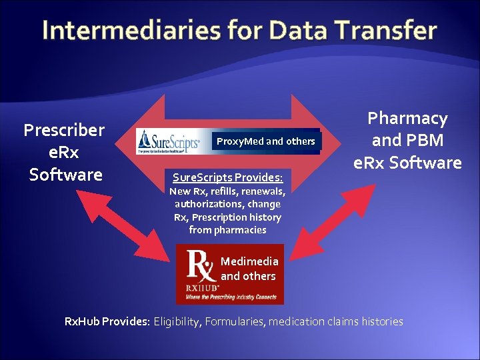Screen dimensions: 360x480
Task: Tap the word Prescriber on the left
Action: pyautogui.click(x=64, y=130)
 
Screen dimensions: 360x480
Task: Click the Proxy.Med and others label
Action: pyautogui.click(x=265, y=141)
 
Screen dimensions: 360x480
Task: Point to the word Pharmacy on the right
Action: pyautogui.click(x=407, y=119)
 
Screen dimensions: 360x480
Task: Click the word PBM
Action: pyautogui.click(x=426, y=141)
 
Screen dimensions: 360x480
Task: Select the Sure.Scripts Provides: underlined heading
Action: pyautogui.click(x=227, y=178)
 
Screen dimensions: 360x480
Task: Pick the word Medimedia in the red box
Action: pyautogui.click(x=249, y=261)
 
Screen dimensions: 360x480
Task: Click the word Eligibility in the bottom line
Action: pyautogui.click(x=177, y=322)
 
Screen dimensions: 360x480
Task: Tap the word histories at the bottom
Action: pyautogui.click(x=382, y=322)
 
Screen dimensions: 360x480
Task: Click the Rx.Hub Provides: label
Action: pyautogui.click(x=107, y=322)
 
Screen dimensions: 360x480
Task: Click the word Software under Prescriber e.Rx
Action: pyautogui.click(x=65, y=175)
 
